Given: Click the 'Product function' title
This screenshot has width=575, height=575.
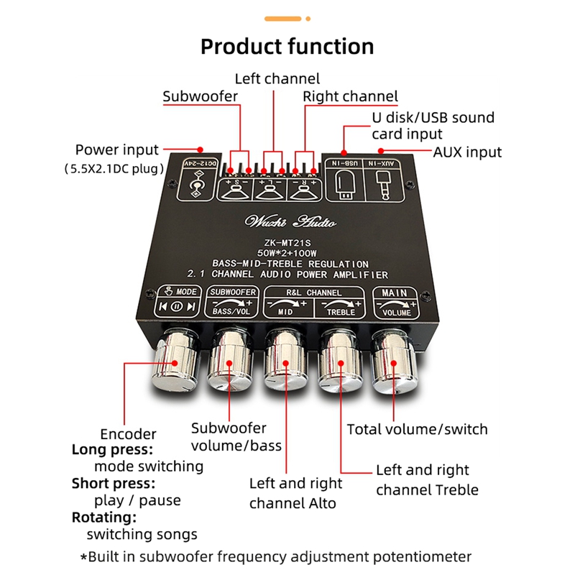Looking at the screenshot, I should [x=287, y=47].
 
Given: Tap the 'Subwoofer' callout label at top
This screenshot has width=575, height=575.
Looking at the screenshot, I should [x=199, y=96].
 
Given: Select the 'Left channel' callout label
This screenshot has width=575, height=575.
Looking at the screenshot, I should [x=277, y=78].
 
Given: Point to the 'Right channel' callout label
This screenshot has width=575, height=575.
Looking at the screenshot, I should [x=350, y=96].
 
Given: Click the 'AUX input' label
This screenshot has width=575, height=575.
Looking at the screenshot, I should [x=467, y=152].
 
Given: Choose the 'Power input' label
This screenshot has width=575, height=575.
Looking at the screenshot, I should [x=116, y=150].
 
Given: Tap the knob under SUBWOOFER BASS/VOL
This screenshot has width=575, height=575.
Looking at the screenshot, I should [x=231, y=363].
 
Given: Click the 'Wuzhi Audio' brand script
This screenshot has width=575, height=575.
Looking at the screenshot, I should [x=285, y=220].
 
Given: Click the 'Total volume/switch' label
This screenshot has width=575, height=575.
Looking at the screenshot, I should [x=417, y=429].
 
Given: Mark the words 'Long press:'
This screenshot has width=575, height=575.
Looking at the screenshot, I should [x=112, y=450].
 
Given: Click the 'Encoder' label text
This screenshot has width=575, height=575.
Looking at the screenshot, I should [x=128, y=434].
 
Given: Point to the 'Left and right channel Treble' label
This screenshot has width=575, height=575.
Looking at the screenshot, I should [x=427, y=480].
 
